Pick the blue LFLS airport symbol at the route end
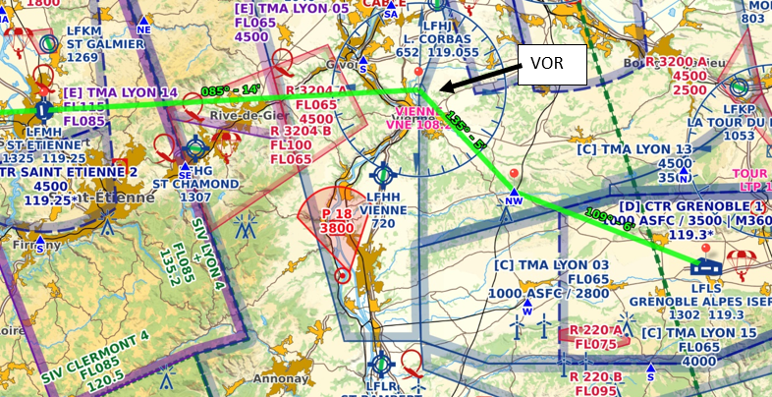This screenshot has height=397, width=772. click(705, 265)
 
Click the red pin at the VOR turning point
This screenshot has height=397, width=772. click(419, 73)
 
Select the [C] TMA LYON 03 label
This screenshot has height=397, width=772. click(552, 265)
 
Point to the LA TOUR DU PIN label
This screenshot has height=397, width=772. click(728, 121)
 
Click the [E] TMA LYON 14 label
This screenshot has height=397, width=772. click(120, 91)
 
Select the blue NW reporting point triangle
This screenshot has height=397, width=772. click(513, 194)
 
